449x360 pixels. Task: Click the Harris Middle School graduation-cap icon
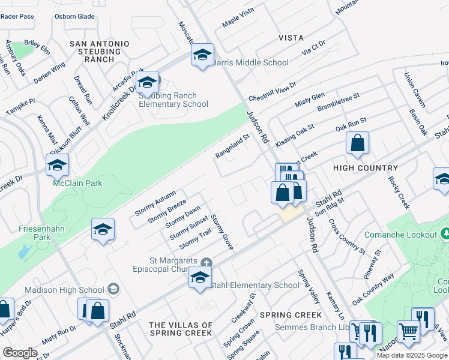coord(203,55)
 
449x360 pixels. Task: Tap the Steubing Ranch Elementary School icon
coord(146,82)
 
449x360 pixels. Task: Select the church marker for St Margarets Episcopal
coord(206,262)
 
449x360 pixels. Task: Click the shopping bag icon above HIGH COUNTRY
coord(357,143)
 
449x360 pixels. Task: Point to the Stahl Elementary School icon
coord(200,277)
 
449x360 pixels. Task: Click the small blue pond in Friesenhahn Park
coord(23,252)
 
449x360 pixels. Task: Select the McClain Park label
coord(77,183)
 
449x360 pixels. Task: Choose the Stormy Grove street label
coord(222,232)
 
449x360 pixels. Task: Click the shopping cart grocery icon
coord(408,330)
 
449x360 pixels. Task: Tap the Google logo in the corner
coord(20,353)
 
